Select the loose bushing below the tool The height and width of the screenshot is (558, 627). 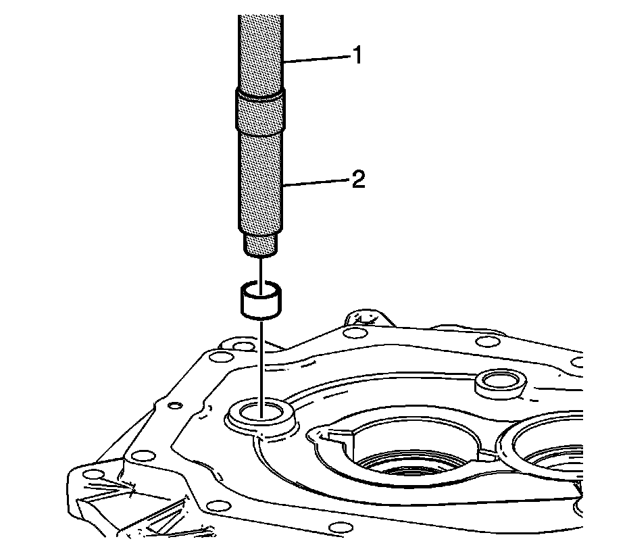259,301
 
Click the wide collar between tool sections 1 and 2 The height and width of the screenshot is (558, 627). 259,111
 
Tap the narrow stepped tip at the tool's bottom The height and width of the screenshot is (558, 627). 259,245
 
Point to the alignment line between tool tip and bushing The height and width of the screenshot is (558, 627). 259,270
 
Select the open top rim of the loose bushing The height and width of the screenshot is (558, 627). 259,288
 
